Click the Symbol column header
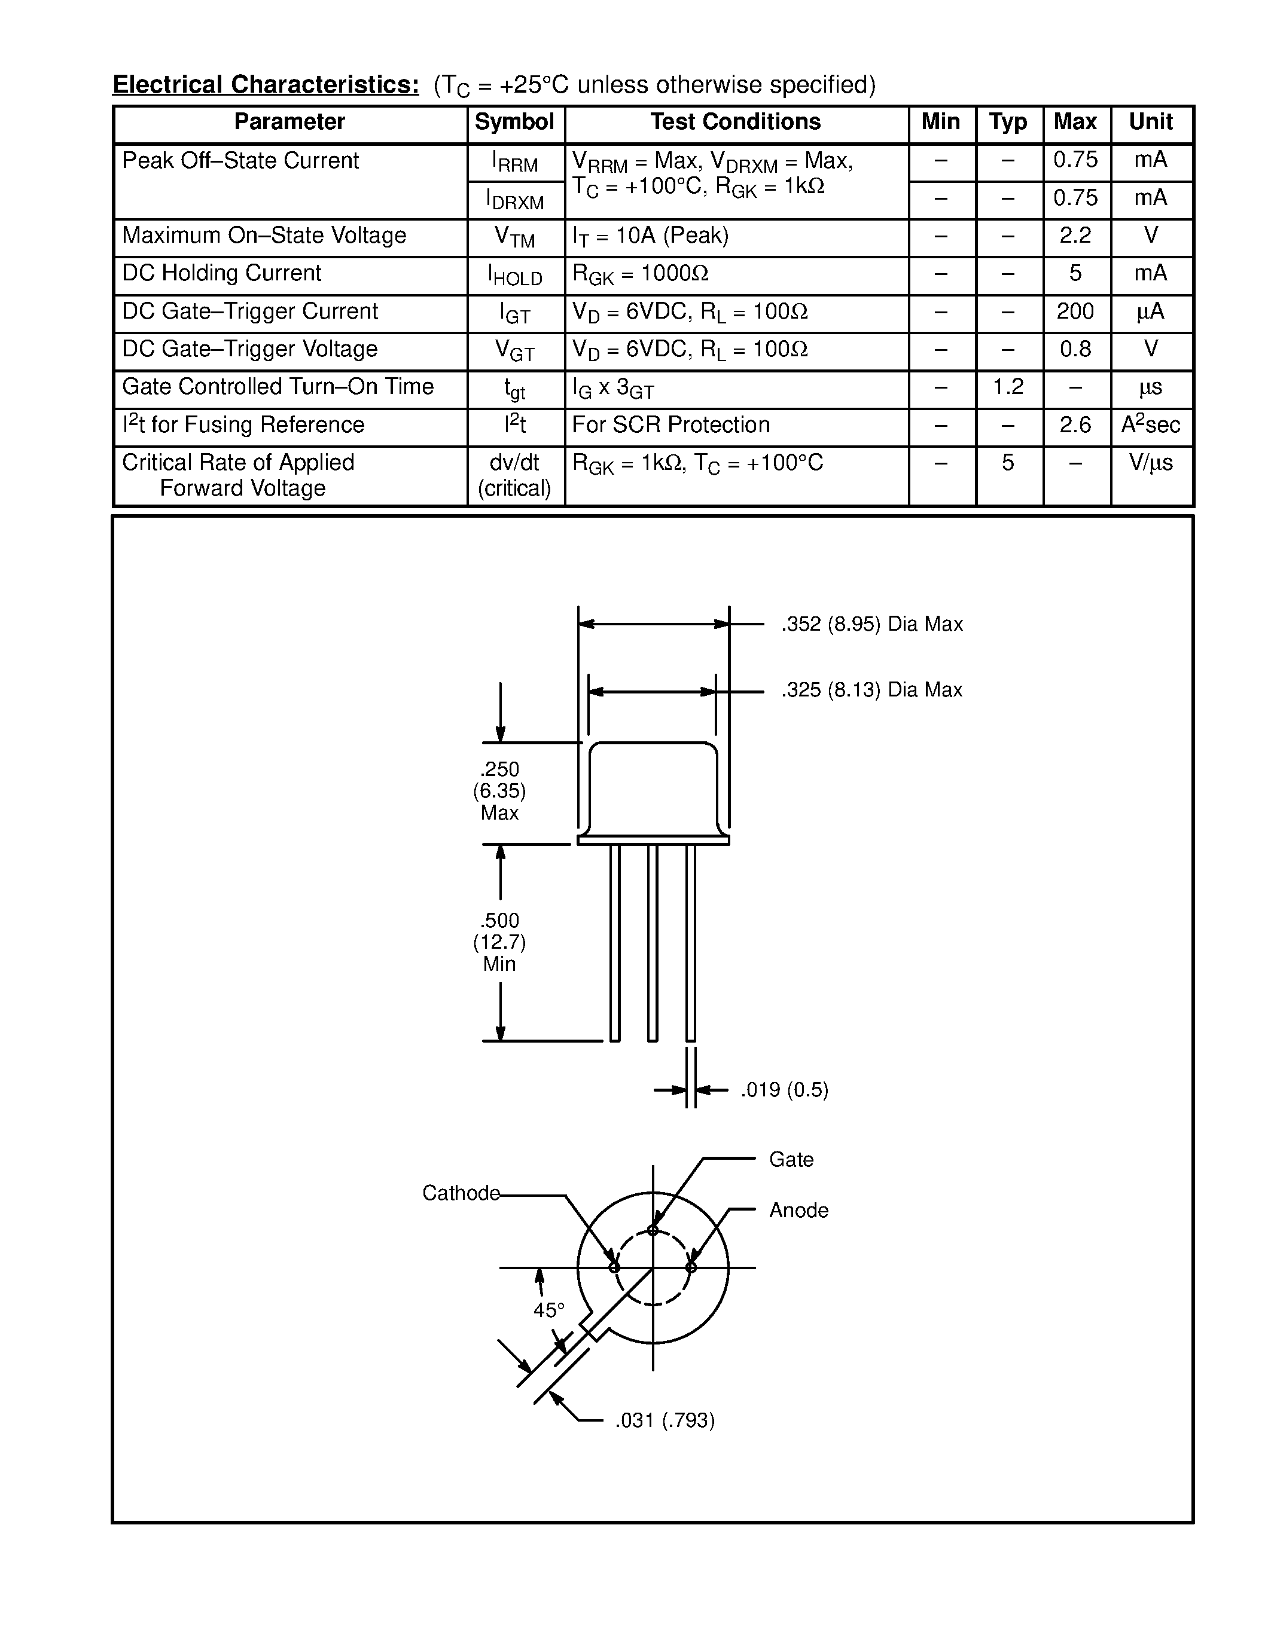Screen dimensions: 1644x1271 514,122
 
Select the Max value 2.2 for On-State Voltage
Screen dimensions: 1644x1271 1075,236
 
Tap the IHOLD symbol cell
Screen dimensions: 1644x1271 515,276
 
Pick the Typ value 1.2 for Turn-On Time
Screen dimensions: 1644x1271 1008,387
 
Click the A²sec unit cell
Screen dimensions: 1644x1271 1151,424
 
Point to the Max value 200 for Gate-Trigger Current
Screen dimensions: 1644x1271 1075,311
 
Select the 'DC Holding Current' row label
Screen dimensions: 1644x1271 221,273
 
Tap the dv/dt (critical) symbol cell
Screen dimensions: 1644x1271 514,475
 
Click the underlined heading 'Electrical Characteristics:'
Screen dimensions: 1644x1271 266,85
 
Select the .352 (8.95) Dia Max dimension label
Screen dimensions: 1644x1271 872,624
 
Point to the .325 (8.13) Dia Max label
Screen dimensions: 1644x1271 872,690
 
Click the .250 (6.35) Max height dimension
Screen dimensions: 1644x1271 500,791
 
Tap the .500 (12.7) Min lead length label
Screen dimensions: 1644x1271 500,942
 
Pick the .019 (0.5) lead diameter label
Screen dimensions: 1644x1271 785,1090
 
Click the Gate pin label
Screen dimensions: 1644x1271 791,1159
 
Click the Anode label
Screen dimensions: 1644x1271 798,1211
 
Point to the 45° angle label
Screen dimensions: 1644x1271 549,1310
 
